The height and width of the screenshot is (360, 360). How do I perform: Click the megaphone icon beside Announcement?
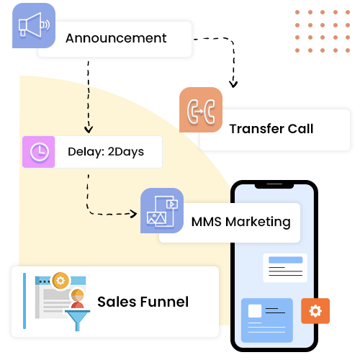pos(34,25)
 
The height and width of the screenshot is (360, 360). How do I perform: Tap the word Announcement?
pos(116,38)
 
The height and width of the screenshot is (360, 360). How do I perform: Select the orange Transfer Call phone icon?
pos(201,109)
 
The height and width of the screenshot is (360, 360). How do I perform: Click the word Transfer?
pos(256,129)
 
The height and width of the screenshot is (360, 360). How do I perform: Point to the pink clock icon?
pos(39,152)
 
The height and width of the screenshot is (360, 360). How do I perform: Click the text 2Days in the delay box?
pos(126,152)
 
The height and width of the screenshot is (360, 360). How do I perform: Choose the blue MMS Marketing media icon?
pos(162,210)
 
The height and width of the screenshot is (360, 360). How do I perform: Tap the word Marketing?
pos(258,222)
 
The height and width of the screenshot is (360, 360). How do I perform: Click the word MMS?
pos(207,222)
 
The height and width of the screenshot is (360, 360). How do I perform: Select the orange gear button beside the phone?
pos(315,311)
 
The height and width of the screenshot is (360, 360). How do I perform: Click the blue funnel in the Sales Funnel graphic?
pos(78,320)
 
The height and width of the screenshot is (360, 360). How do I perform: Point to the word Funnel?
pos(164,302)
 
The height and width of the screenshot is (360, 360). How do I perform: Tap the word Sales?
pos(117,302)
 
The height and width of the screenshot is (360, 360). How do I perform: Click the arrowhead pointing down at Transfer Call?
pos(233,84)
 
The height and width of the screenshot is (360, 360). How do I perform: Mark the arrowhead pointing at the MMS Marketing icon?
pos(133,214)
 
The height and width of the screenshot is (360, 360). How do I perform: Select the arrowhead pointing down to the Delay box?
pos(89,130)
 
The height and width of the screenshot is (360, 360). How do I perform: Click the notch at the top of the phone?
pos(274,186)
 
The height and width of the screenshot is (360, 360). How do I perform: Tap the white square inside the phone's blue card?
pos(255,311)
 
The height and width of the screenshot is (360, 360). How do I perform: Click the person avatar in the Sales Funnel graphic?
pos(78,299)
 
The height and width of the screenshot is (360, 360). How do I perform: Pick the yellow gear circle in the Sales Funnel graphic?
pos(60,280)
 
